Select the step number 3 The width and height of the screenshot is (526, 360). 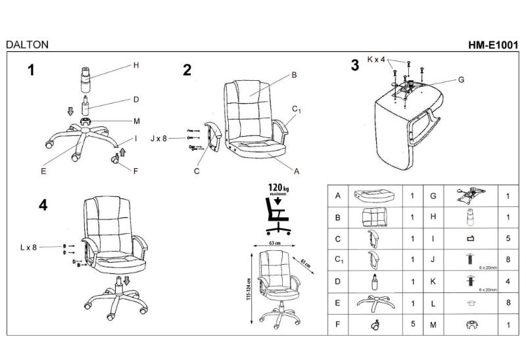coord(355,65)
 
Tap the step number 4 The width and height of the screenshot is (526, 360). coord(43,205)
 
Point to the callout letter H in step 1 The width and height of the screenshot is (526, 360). coord(136,65)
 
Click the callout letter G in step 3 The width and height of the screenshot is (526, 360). coord(461,79)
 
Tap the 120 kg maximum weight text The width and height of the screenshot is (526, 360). coord(278,189)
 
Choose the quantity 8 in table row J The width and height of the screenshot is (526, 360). coord(508,259)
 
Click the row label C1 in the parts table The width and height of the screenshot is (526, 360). coord(338,259)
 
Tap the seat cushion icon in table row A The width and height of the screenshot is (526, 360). coord(373,196)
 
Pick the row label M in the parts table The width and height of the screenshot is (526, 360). coord(433,324)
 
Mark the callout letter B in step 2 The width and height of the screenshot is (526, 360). coord(294,75)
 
